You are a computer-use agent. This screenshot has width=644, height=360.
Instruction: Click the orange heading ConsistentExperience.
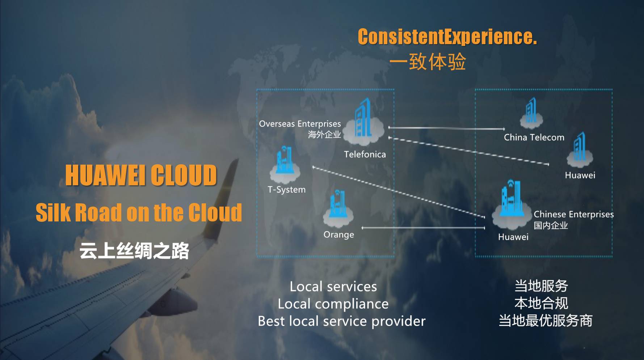[x=447, y=37]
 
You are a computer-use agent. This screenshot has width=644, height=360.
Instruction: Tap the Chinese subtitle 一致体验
[x=428, y=62]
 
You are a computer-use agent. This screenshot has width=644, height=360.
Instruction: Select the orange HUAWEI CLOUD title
[x=141, y=175]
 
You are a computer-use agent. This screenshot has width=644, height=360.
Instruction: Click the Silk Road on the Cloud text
[x=139, y=212]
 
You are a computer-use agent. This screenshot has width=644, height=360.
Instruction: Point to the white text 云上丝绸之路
[x=134, y=251]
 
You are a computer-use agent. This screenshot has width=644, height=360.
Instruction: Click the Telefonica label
[x=365, y=154]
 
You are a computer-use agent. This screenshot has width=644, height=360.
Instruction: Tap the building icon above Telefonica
[x=363, y=121]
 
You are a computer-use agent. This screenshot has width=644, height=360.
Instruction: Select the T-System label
[x=286, y=190]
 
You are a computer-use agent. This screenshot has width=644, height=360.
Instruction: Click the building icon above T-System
[x=285, y=165]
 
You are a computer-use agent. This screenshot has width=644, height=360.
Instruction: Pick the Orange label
[x=339, y=235]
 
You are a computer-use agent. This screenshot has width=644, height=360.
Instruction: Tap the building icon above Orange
[x=338, y=209]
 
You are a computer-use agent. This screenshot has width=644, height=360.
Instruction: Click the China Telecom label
[x=534, y=137]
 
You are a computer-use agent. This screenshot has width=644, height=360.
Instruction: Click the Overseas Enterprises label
[x=300, y=124]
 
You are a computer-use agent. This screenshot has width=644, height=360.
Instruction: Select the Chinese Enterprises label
[x=574, y=215]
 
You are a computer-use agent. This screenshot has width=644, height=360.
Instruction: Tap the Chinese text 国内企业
[x=551, y=225]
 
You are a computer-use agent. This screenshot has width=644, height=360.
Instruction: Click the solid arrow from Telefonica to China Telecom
[x=446, y=128]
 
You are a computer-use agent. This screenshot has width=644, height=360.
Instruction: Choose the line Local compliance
[x=333, y=304]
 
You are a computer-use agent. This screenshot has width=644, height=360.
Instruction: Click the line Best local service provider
[x=342, y=321]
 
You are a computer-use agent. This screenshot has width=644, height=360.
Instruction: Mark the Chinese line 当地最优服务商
[x=545, y=321]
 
